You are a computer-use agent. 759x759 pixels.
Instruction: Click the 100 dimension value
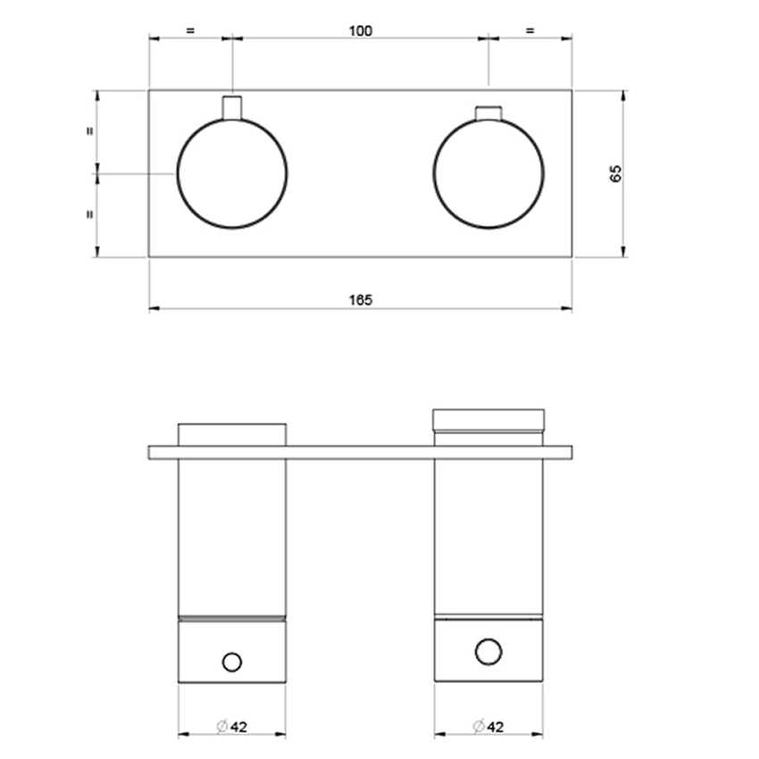tap(360, 30)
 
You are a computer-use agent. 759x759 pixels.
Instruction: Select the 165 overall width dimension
tap(360, 300)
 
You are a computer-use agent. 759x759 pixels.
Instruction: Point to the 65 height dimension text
tap(615, 173)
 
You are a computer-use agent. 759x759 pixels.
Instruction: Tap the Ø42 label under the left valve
tap(232, 727)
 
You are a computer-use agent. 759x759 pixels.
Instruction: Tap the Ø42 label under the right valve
tap(488, 727)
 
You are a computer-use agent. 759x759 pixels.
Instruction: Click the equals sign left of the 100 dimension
tap(190, 30)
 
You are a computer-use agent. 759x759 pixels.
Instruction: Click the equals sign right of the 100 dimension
tap(530, 30)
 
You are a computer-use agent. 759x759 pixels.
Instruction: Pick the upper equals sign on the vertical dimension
tap(89, 131)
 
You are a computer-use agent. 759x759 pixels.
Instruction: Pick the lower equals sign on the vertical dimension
tap(89, 214)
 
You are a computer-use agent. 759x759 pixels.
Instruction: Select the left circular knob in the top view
tap(232, 173)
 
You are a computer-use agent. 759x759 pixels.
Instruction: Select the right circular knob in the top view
tap(488, 173)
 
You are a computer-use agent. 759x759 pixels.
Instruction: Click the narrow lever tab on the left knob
tap(232, 107)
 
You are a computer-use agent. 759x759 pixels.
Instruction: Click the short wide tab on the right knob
tap(488, 113)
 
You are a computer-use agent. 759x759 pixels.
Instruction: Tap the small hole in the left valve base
tap(232, 662)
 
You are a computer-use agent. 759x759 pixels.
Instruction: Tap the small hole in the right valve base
tap(488, 652)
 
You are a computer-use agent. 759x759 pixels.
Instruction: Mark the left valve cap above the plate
tap(232, 434)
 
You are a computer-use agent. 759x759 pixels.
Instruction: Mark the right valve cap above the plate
tap(488, 427)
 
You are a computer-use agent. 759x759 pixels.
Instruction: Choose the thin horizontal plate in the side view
tap(360, 453)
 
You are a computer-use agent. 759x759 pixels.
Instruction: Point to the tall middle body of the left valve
tap(232, 536)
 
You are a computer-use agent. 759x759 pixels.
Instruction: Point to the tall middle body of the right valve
tap(488, 536)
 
